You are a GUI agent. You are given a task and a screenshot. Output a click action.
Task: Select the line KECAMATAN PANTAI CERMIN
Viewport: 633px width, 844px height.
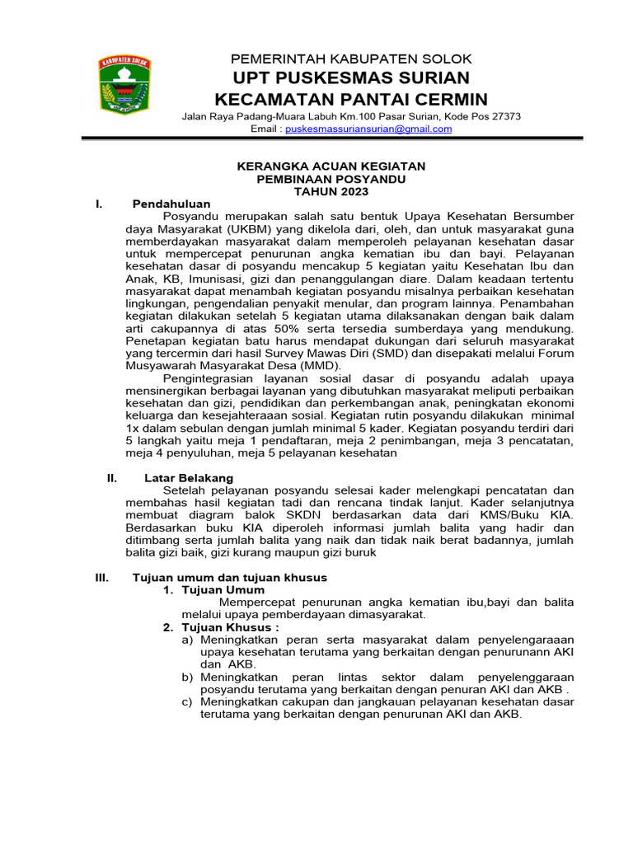point(350,100)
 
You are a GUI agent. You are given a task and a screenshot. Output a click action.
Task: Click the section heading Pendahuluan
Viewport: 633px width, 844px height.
point(171,204)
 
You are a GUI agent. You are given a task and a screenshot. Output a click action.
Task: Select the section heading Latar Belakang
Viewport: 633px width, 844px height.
point(189,478)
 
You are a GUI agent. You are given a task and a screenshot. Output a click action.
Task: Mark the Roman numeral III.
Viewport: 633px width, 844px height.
point(102,578)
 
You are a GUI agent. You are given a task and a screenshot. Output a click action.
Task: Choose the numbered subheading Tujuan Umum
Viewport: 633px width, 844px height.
point(223,590)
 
